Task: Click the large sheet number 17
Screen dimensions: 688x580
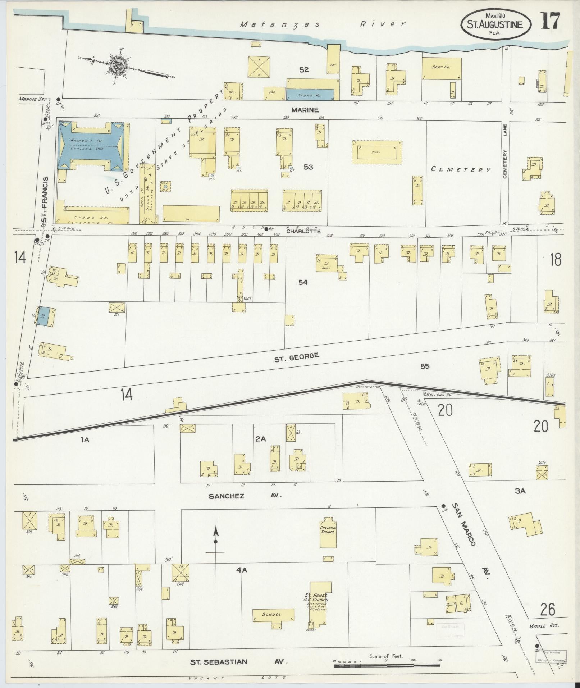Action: click(x=550, y=21)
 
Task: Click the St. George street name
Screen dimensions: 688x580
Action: click(x=296, y=356)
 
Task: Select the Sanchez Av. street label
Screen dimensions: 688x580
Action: click(x=245, y=496)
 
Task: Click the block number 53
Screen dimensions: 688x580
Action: click(x=308, y=167)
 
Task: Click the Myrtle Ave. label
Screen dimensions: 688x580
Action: click(x=543, y=626)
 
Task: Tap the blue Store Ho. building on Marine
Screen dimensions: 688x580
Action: click(x=310, y=95)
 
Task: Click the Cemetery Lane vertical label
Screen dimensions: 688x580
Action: click(x=505, y=164)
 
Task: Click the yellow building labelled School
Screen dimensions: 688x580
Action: click(x=273, y=615)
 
